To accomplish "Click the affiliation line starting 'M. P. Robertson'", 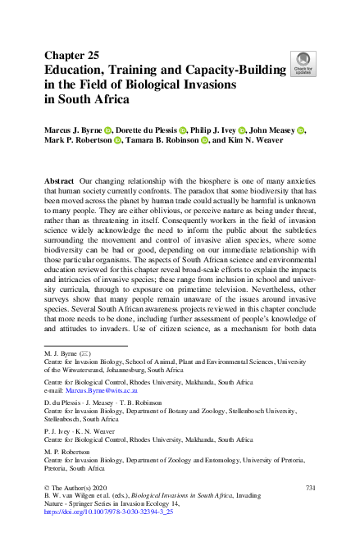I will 70,452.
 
